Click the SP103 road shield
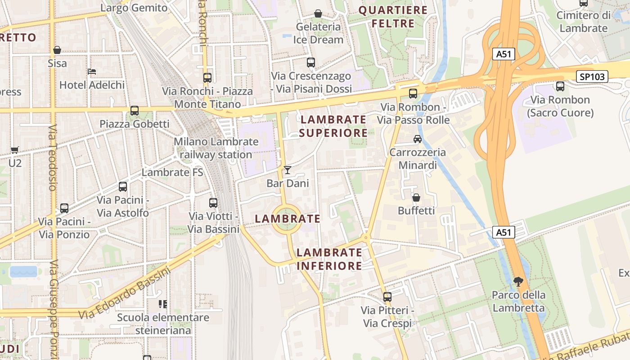592,76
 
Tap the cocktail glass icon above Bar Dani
288,170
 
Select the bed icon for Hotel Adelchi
92,72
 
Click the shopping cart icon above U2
15,150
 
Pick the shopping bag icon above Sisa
57,50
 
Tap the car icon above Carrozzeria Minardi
418,139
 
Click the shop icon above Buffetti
416,198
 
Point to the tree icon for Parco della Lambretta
518,282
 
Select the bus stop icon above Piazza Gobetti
134,110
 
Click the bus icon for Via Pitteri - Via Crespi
387,297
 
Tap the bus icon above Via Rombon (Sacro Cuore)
560,86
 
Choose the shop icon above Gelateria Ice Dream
318,14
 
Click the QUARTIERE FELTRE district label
393,17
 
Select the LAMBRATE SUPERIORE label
333,126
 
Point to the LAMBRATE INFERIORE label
329,259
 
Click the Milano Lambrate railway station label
216,148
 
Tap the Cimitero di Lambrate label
583,22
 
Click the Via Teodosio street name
53,157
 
